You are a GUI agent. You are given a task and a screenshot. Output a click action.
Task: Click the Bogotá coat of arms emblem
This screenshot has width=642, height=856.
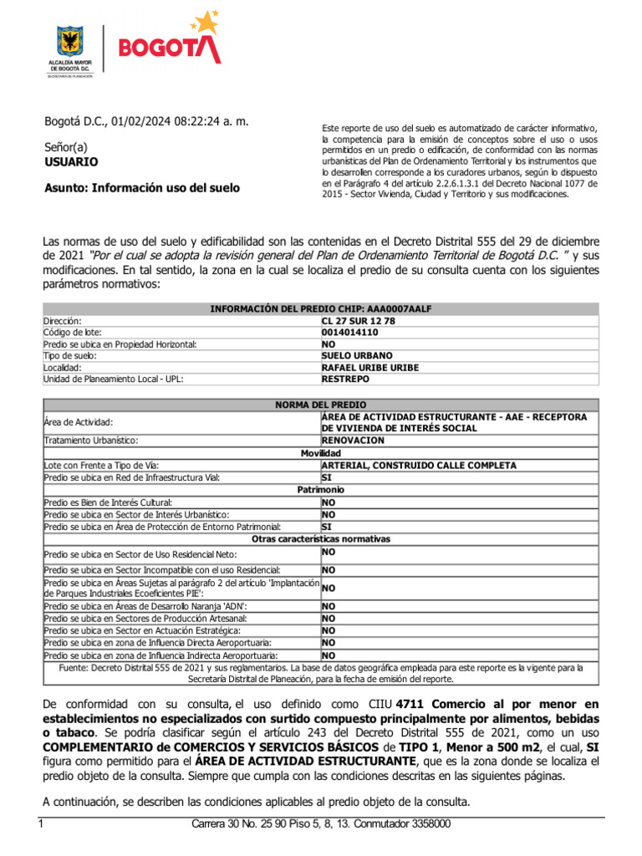click(x=69, y=42)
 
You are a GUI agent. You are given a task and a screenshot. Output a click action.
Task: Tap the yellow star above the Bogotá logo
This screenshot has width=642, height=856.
click(x=202, y=22)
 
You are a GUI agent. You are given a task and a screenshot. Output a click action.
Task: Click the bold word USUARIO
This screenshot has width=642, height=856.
click(x=71, y=161)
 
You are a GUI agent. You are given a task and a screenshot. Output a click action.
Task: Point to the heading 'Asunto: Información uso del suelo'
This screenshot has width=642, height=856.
click(x=141, y=188)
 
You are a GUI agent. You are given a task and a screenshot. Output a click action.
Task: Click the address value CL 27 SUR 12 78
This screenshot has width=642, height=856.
click(x=359, y=320)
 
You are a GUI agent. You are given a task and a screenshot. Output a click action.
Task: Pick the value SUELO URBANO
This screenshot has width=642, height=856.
click(x=356, y=355)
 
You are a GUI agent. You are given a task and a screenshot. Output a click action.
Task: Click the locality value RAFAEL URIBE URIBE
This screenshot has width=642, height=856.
click(x=370, y=367)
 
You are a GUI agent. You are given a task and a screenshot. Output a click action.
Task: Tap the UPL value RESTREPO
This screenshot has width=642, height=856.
click(x=346, y=379)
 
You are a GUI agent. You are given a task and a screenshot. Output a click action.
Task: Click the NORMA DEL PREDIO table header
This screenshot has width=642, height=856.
click(x=320, y=404)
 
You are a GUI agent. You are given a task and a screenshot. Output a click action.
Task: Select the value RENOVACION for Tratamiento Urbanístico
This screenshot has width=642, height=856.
click(x=353, y=440)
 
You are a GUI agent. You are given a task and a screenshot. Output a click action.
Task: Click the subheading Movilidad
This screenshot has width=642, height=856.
click(x=320, y=452)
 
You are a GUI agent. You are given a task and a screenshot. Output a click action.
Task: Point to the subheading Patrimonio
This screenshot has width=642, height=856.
click(x=320, y=489)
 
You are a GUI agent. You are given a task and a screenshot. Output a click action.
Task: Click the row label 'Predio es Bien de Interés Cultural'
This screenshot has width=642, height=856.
click(x=115, y=502)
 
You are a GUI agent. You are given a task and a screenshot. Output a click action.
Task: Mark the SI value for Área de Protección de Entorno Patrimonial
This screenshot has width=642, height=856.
click(x=327, y=527)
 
